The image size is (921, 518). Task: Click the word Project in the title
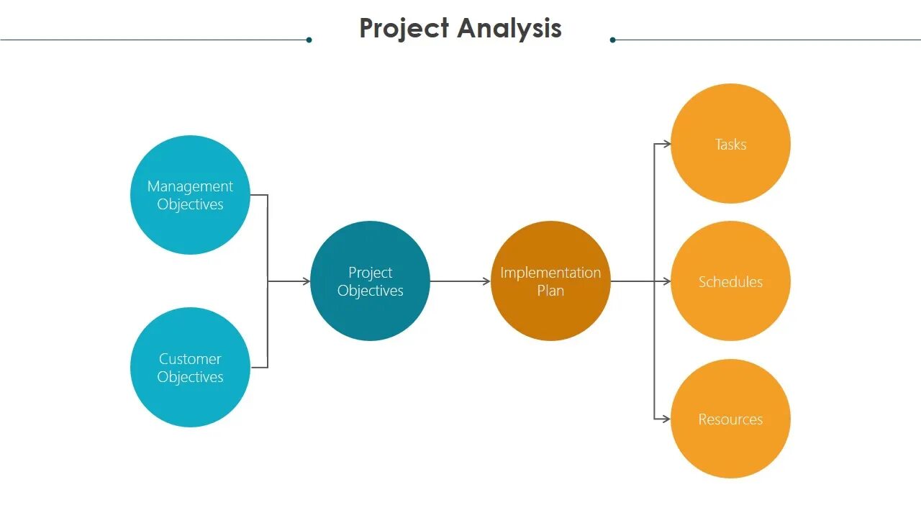(404, 29)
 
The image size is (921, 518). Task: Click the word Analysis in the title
(509, 29)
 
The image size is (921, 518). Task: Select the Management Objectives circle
(190, 195)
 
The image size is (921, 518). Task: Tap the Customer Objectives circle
(190, 368)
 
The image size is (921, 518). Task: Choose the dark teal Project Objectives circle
(370, 281)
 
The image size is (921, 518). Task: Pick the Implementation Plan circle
(550, 281)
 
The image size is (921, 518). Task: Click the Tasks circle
(730, 144)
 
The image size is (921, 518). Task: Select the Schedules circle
(730, 281)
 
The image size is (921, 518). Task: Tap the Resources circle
(730, 419)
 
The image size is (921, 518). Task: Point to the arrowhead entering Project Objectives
(307, 281)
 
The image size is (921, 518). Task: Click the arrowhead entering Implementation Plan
(487, 281)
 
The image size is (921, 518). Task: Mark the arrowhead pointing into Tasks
(667, 144)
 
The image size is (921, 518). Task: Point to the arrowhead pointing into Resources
(667, 419)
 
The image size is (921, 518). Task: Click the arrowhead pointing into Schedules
(667, 281)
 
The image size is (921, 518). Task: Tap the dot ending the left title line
(309, 40)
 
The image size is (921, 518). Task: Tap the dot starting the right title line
(612, 40)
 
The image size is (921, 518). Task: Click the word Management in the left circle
(190, 186)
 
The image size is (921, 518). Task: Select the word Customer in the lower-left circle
(190, 359)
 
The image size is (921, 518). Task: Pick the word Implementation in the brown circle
(550, 273)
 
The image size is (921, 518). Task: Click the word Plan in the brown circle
(550, 291)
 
